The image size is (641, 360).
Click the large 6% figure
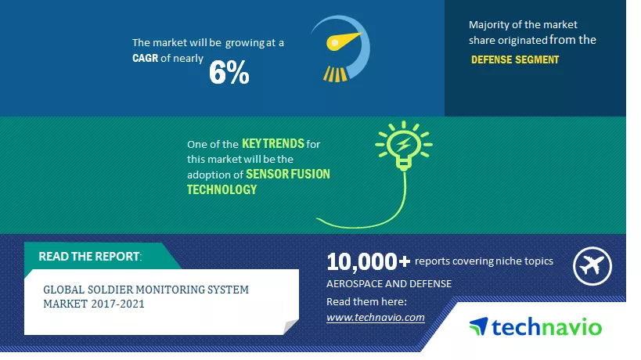click(x=229, y=73)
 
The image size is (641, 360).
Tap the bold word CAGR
click(x=145, y=58)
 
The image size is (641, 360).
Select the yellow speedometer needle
click(x=344, y=41)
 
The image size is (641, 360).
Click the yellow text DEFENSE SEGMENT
click(x=515, y=59)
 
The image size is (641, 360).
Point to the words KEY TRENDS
click(x=273, y=143)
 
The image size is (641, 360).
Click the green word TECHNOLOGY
click(x=222, y=189)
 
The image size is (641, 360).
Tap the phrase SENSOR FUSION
click(x=288, y=174)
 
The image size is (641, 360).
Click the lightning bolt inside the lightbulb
click(x=404, y=144)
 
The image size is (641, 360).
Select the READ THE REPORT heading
click(x=90, y=256)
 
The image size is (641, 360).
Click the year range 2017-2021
click(x=117, y=304)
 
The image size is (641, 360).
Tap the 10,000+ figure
click(x=368, y=261)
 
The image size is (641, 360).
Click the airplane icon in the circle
click(x=592, y=266)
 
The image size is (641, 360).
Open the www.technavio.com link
click(x=375, y=317)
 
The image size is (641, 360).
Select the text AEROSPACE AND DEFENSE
click(x=389, y=283)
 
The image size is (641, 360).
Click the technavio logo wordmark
click(x=546, y=327)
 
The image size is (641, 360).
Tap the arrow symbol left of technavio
click(x=479, y=326)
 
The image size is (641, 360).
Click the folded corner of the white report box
click(x=290, y=326)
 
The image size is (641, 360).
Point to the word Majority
click(x=489, y=25)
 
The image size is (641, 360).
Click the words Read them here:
click(x=367, y=301)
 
